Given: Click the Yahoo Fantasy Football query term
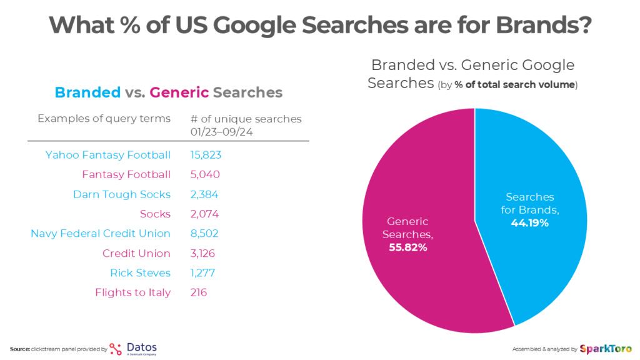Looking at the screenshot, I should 107,155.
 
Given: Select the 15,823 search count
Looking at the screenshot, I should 206,155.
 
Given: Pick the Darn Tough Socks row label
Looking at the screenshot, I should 122,194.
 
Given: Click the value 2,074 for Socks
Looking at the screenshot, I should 204,214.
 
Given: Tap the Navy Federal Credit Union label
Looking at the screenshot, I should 101,234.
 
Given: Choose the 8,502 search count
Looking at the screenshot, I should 205,234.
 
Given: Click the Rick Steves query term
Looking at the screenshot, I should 140,273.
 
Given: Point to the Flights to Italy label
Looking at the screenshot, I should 132,292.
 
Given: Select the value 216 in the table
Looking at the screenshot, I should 199,292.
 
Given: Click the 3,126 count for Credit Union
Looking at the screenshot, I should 204,253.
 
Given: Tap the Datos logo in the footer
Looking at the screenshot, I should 133,348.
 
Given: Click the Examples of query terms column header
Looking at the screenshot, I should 104,119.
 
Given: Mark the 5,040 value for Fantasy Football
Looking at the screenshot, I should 205,174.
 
